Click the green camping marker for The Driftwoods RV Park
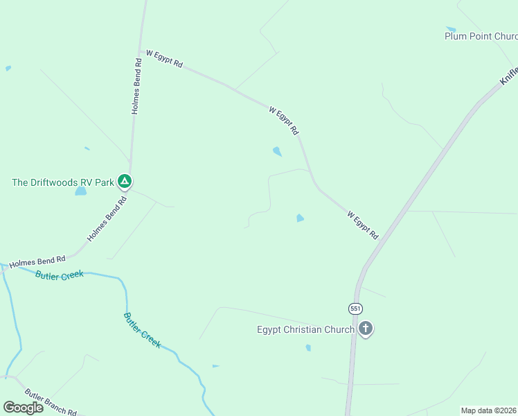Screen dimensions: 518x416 pos(125,182)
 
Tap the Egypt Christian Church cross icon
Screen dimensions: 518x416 pos(366,329)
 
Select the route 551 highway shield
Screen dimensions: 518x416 pos(355,308)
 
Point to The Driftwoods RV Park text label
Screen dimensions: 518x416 pos(62,182)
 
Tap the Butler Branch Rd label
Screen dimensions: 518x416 pos(50,401)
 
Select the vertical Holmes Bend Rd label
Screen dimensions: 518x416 pos(137,86)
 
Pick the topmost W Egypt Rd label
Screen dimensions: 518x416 pos(163,59)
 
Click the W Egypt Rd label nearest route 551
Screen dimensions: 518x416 pos(363,226)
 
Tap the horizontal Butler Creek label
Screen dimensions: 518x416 pos(59,275)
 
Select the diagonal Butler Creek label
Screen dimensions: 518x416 pos(142,330)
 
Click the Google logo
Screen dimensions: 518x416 pos(24,407)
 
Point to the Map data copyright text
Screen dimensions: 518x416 pos(489,410)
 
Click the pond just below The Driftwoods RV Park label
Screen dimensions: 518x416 pos(81,191)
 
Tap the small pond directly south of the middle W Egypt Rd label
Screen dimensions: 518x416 pos(277,151)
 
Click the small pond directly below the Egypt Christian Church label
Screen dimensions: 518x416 pos(308,348)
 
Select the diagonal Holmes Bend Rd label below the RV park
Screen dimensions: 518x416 pos(107,219)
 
